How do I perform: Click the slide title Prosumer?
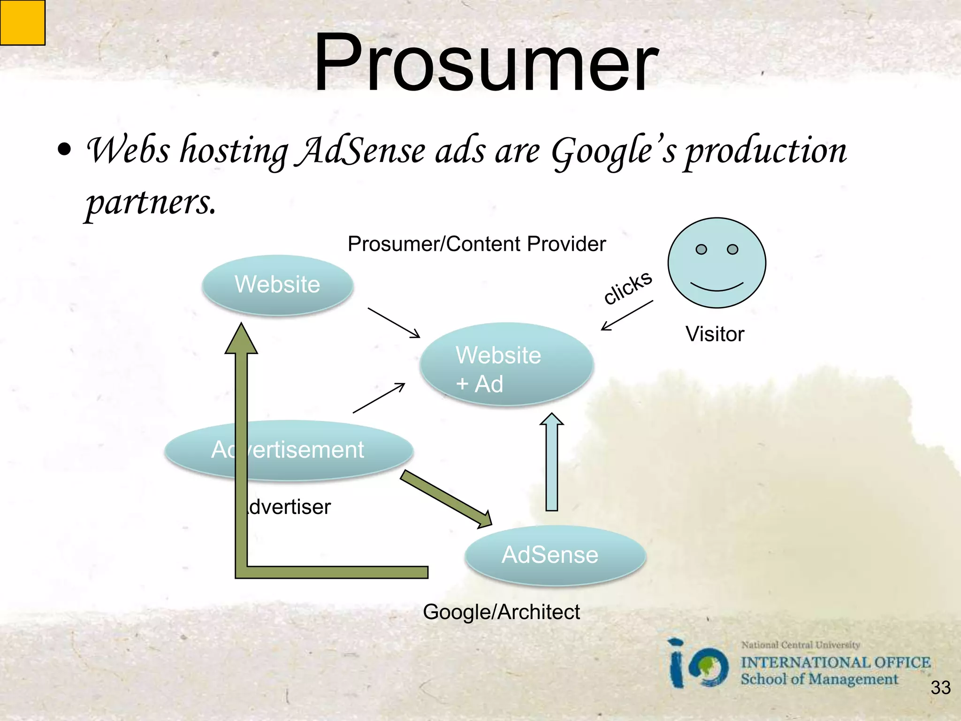tap(486, 63)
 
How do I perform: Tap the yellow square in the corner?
tap(22, 22)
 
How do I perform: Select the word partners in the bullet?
tap(150, 203)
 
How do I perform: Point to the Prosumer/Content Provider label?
tap(476, 244)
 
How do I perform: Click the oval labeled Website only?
tap(277, 285)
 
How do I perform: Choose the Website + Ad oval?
tap(507, 364)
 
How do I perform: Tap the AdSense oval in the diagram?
tap(555, 555)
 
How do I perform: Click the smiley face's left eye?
tap(701, 249)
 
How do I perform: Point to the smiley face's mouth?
tap(717, 287)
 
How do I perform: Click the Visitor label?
tap(715, 334)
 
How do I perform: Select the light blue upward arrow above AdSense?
tap(552, 462)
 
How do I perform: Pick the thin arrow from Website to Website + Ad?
tap(394, 322)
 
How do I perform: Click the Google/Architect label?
tap(501, 612)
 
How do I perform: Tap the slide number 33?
tap(940, 688)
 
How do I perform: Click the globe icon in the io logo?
tap(710, 667)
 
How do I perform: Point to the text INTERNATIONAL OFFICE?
tap(835, 662)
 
